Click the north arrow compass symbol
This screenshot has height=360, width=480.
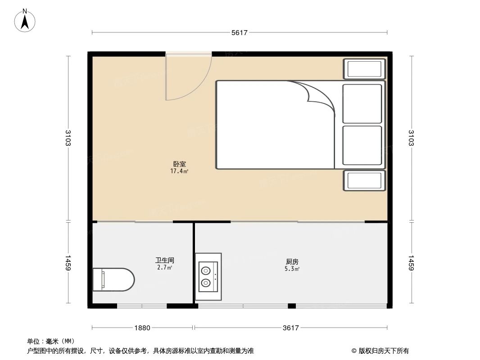click(26, 20)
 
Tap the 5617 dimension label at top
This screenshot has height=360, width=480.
click(240, 33)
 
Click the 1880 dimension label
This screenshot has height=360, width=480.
click(142, 328)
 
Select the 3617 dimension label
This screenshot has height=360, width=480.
click(291, 328)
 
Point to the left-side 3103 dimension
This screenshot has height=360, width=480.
click(68, 138)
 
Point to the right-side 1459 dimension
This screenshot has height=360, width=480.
click(411, 263)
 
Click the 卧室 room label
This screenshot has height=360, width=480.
click(179, 164)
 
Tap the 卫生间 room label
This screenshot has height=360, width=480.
click(164, 260)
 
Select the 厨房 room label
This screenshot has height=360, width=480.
click(292, 261)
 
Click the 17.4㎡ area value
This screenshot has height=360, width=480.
click(179, 171)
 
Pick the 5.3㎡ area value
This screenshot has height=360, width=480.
click(292, 269)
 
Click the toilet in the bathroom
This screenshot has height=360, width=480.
click(113, 279)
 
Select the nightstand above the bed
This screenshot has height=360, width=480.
click(363, 69)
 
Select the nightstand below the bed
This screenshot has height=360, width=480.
click(363, 181)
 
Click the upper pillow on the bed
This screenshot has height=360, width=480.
click(362, 103)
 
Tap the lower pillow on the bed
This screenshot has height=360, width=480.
click(362, 145)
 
